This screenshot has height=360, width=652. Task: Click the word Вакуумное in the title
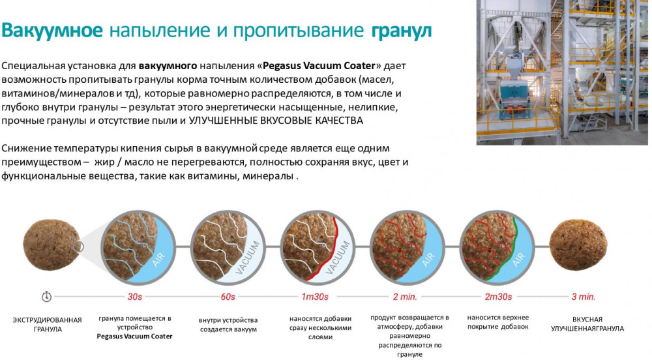[52, 31]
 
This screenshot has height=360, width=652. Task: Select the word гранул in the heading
[401, 31]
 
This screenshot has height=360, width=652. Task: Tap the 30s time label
[135, 297]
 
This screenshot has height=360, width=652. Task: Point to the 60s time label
[228, 297]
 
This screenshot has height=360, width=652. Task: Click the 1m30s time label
[315, 297]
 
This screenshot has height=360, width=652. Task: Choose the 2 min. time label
[405, 297]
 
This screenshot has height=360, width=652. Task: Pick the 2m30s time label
[498, 297]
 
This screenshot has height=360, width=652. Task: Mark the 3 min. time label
[584, 297]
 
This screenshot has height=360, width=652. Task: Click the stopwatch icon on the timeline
[46, 296]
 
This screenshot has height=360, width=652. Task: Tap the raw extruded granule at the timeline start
[51, 245]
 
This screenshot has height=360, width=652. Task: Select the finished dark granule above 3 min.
[578, 245]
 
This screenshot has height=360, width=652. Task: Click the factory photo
[562, 72]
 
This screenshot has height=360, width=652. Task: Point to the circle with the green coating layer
[497, 247]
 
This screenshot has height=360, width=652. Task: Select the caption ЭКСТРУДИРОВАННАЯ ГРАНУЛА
[47, 325]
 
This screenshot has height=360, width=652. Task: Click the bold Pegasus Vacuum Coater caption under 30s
[134, 337]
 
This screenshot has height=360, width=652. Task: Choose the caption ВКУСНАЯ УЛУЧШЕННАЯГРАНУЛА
[587, 324]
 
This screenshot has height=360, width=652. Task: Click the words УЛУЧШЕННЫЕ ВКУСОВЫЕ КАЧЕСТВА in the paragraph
[276, 121]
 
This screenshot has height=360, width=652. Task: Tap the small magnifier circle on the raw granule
[78, 247]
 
